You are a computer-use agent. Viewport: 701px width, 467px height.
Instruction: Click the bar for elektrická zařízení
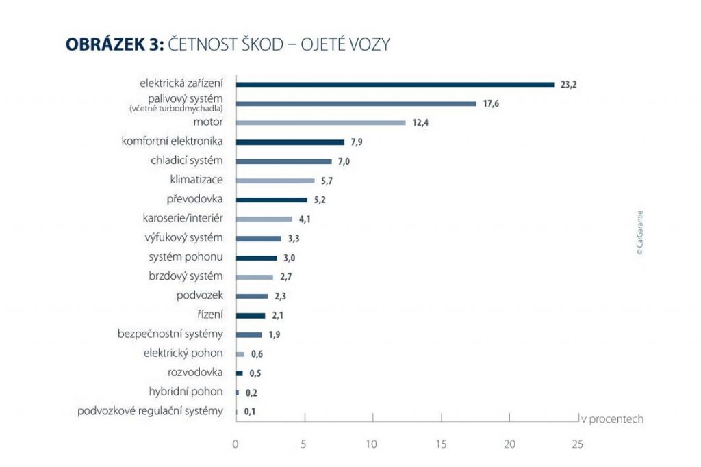click(395, 85)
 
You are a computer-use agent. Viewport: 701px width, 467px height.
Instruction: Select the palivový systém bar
click(356, 104)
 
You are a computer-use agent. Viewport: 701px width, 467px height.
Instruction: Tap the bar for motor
click(320, 123)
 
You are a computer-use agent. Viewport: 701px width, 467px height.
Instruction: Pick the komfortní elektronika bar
click(290, 142)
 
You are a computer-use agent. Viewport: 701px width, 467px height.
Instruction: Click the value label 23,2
click(570, 85)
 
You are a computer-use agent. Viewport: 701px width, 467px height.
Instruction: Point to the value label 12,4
click(420, 124)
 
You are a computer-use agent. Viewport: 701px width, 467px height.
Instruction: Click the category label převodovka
click(194, 200)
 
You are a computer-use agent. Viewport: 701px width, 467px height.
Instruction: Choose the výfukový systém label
click(184, 238)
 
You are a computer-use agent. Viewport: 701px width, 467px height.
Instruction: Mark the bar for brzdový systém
click(254, 277)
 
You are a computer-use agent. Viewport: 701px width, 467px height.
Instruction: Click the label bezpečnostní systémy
click(170, 334)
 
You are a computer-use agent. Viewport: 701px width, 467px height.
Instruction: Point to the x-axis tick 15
click(440, 444)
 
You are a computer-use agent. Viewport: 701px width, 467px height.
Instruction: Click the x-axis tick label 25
click(577, 444)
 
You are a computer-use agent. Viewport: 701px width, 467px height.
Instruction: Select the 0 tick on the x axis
click(235, 444)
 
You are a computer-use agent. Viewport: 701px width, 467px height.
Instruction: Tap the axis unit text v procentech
click(613, 418)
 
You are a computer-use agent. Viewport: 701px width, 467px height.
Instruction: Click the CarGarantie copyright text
click(639, 232)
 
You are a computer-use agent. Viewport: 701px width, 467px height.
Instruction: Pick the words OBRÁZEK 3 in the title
click(113, 44)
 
